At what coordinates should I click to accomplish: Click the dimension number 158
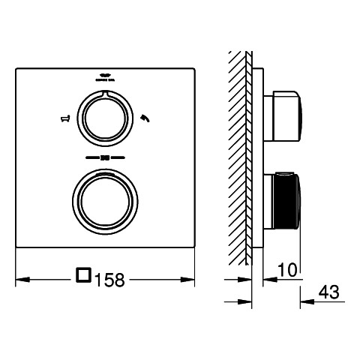coord(109,280)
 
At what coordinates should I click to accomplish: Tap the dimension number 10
coord(287,270)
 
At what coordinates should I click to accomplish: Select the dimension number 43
coord(329,292)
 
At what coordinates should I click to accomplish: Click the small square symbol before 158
coord(83,274)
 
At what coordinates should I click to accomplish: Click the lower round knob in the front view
coord(105,201)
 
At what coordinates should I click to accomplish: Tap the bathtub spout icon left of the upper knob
coord(65,118)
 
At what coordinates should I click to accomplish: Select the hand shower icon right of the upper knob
coord(145,118)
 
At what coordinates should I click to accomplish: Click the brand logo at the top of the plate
coord(106,77)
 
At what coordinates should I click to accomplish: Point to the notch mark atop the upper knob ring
coord(105,93)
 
